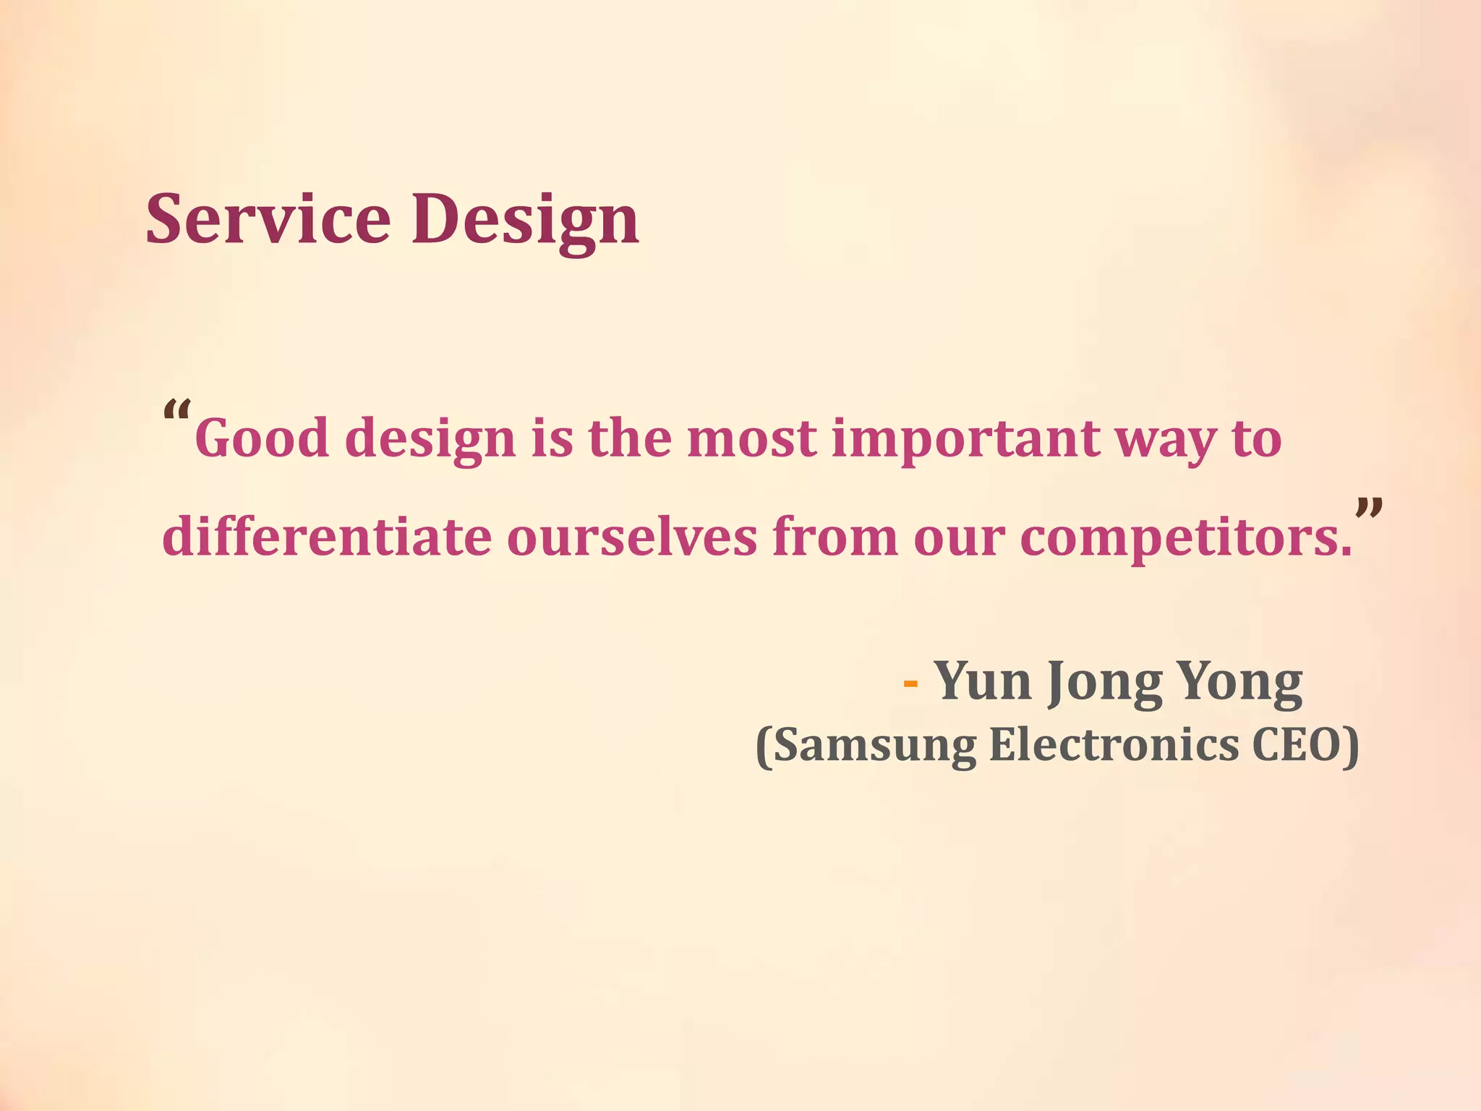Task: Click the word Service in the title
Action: click(268, 218)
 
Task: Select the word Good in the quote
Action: click(262, 438)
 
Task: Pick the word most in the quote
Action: click(752, 440)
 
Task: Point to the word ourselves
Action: click(632, 538)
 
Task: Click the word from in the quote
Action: click(835, 537)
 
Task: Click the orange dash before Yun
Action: click(911, 684)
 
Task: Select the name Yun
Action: click(983, 681)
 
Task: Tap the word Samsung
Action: click(875, 746)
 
